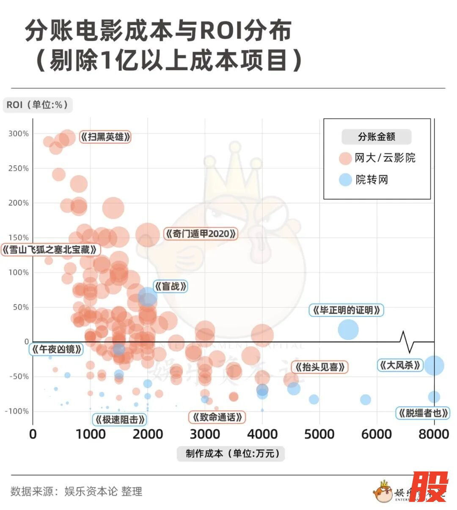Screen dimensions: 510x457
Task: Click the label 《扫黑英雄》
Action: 105,137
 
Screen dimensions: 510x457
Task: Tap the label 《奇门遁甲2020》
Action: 200,234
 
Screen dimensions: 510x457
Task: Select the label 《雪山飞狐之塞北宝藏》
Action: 50,250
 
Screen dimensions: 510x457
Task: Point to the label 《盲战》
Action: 170,286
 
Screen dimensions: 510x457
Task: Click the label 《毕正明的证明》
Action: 347,311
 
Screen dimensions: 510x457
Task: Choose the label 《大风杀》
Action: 400,365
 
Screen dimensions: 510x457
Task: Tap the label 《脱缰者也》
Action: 423,413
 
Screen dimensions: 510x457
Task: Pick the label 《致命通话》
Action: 217,417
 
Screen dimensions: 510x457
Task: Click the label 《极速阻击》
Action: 120,420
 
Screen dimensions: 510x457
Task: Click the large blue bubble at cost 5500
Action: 348,330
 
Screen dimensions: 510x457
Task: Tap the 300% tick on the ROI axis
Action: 19,134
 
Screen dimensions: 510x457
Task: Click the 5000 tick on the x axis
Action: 319,434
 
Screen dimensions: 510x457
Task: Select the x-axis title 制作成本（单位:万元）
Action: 231,454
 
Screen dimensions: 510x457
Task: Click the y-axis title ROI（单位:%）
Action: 38,105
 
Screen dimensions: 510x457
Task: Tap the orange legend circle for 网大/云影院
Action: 346,158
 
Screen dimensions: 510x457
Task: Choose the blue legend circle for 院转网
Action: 346,180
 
